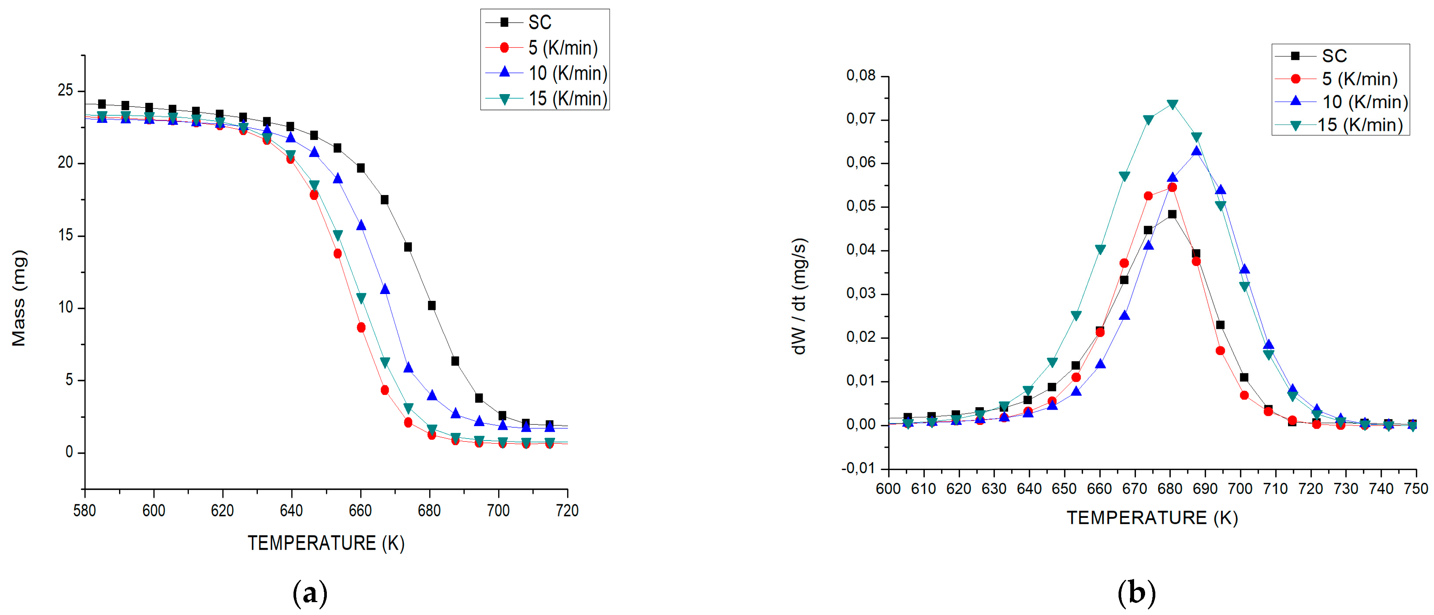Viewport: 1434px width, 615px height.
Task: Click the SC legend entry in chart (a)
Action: click(539, 22)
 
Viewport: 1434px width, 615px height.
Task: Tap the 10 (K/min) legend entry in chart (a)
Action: click(567, 73)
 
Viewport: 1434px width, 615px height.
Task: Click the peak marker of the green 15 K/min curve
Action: click(1172, 104)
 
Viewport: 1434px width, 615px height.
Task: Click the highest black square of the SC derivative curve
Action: click(1172, 214)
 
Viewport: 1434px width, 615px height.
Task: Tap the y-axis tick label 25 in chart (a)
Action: click(65, 90)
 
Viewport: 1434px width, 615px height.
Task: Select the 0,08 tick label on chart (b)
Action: click(861, 75)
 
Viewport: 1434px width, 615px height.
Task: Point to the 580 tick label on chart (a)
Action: click(85, 510)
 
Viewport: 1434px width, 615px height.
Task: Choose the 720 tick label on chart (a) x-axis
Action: click(567, 510)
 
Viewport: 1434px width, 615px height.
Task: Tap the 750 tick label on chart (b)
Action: click(1416, 489)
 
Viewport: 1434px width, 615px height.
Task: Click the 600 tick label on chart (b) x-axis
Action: click(888, 489)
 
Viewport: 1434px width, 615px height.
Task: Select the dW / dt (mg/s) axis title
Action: click(799, 296)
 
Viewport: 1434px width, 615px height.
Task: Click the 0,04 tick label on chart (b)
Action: click(861, 250)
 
